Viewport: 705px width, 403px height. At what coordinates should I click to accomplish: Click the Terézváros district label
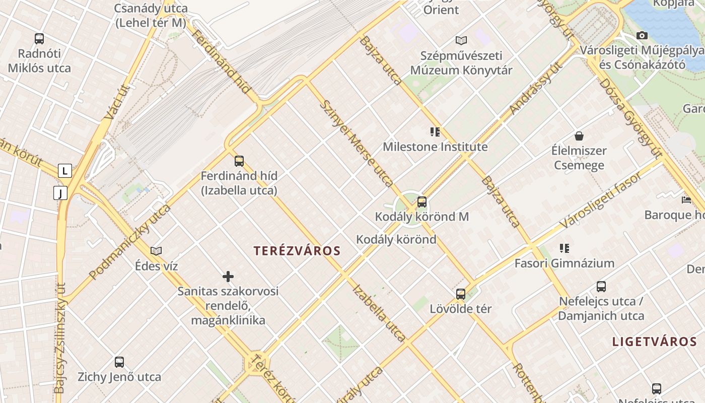pyautogui.click(x=297, y=251)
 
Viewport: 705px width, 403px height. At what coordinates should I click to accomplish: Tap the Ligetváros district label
pyautogui.click(x=654, y=342)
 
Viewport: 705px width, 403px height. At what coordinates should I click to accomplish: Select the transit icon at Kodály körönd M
pyautogui.click(x=422, y=202)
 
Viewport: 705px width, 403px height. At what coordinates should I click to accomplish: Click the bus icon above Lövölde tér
pyautogui.click(x=461, y=294)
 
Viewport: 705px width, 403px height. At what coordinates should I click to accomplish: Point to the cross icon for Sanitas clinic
pyautogui.click(x=228, y=277)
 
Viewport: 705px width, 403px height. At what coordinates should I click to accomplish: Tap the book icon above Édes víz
pyautogui.click(x=156, y=251)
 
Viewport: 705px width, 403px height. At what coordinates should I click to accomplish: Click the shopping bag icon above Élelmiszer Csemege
pyautogui.click(x=579, y=136)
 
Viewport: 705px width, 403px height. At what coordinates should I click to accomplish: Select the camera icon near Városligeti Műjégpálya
pyautogui.click(x=642, y=35)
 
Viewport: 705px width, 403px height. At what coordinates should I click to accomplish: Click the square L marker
pyautogui.click(x=64, y=171)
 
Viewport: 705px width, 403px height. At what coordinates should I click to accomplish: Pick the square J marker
pyautogui.click(x=60, y=193)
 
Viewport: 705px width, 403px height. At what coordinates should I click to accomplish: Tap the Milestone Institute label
pyautogui.click(x=435, y=147)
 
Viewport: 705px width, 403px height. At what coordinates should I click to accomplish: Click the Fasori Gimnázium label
pyautogui.click(x=564, y=263)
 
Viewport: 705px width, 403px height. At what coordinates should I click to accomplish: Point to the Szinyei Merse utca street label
pyautogui.click(x=357, y=143)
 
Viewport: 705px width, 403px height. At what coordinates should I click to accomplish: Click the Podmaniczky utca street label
pyautogui.click(x=130, y=242)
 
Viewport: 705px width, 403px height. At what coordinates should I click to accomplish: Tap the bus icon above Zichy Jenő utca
pyautogui.click(x=119, y=362)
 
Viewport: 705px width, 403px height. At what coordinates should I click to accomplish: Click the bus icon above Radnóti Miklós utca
pyautogui.click(x=39, y=38)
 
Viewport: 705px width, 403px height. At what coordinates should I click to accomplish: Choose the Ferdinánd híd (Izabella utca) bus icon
pyautogui.click(x=239, y=161)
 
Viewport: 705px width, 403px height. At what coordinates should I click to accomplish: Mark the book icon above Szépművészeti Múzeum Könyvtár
pyautogui.click(x=461, y=40)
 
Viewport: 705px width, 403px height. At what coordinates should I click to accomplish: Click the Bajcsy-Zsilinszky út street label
pyautogui.click(x=60, y=338)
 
